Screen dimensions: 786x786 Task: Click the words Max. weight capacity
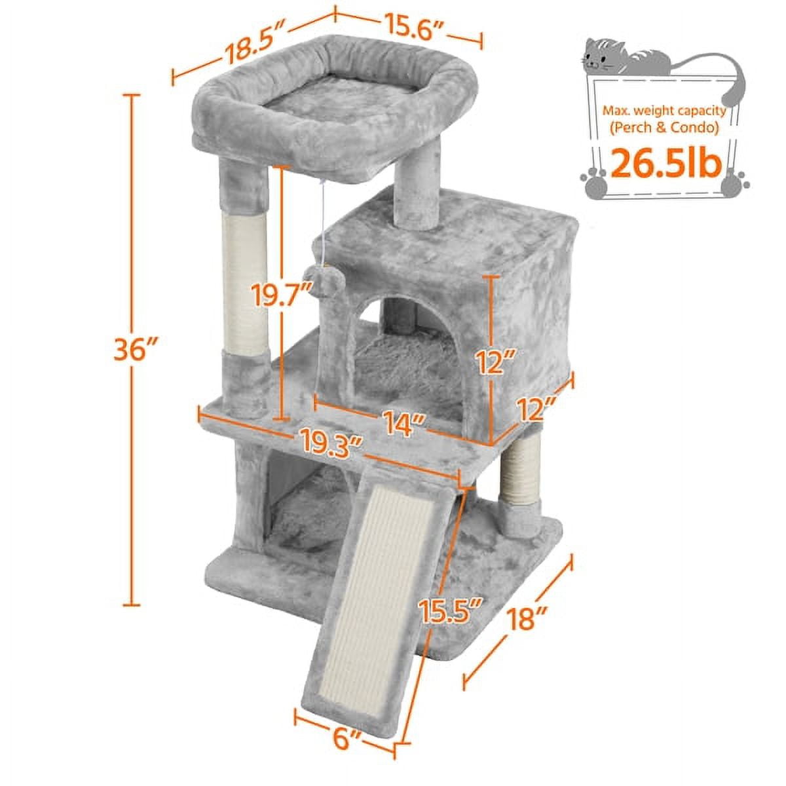coord(665,111)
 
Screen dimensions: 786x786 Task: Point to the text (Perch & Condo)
coord(665,128)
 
